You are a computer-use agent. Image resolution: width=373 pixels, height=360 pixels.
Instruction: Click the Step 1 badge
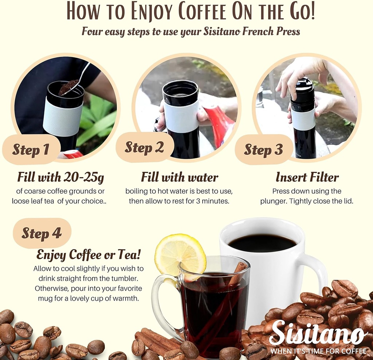point(31,150)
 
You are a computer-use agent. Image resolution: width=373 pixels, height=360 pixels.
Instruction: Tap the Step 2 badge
point(144,147)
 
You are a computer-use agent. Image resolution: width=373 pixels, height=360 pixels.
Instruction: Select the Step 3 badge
point(263,150)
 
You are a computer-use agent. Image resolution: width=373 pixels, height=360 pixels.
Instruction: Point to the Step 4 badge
point(42,233)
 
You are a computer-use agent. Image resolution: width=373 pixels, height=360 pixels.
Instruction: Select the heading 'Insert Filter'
point(307,177)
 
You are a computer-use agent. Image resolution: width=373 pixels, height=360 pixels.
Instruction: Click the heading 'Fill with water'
point(180,177)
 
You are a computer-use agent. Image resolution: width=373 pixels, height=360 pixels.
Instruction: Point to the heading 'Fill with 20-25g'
point(60,177)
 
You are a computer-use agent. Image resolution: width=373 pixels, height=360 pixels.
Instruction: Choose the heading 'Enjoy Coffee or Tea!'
point(89,255)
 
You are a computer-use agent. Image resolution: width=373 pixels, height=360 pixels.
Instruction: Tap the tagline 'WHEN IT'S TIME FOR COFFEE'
point(318,351)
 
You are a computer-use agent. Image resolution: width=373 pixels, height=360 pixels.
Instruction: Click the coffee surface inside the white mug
point(262,243)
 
